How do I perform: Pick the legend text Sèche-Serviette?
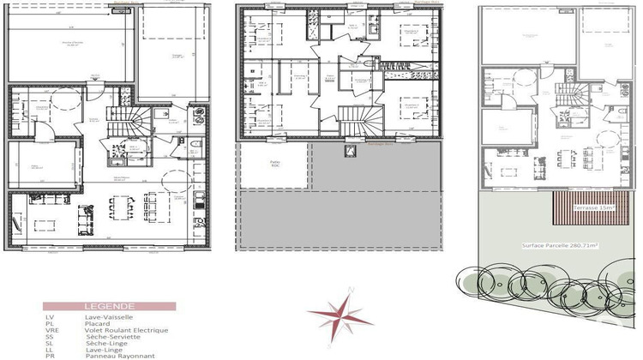click(111, 337)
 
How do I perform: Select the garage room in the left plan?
click(171, 51)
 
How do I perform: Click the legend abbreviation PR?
click(49, 355)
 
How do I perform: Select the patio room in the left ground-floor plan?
click(39, 166)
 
